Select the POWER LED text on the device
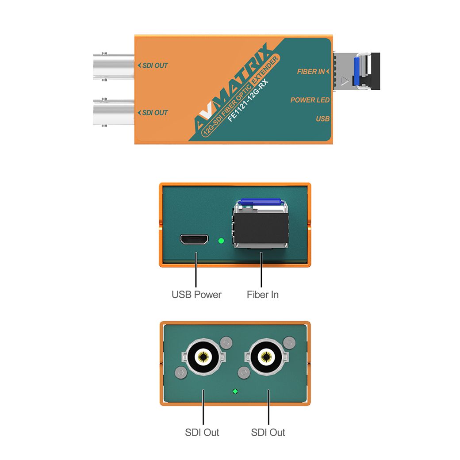(310, 100)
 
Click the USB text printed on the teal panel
(323, 119)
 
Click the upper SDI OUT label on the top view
(153, 65)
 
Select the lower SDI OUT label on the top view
(153, 112)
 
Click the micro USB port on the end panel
(195, 240)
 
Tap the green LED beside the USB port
(221, 241)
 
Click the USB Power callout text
(196, 294)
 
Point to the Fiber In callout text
(263, 294)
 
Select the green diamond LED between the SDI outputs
(235, 391)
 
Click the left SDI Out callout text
(202, 432)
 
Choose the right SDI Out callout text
(268, 432)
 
